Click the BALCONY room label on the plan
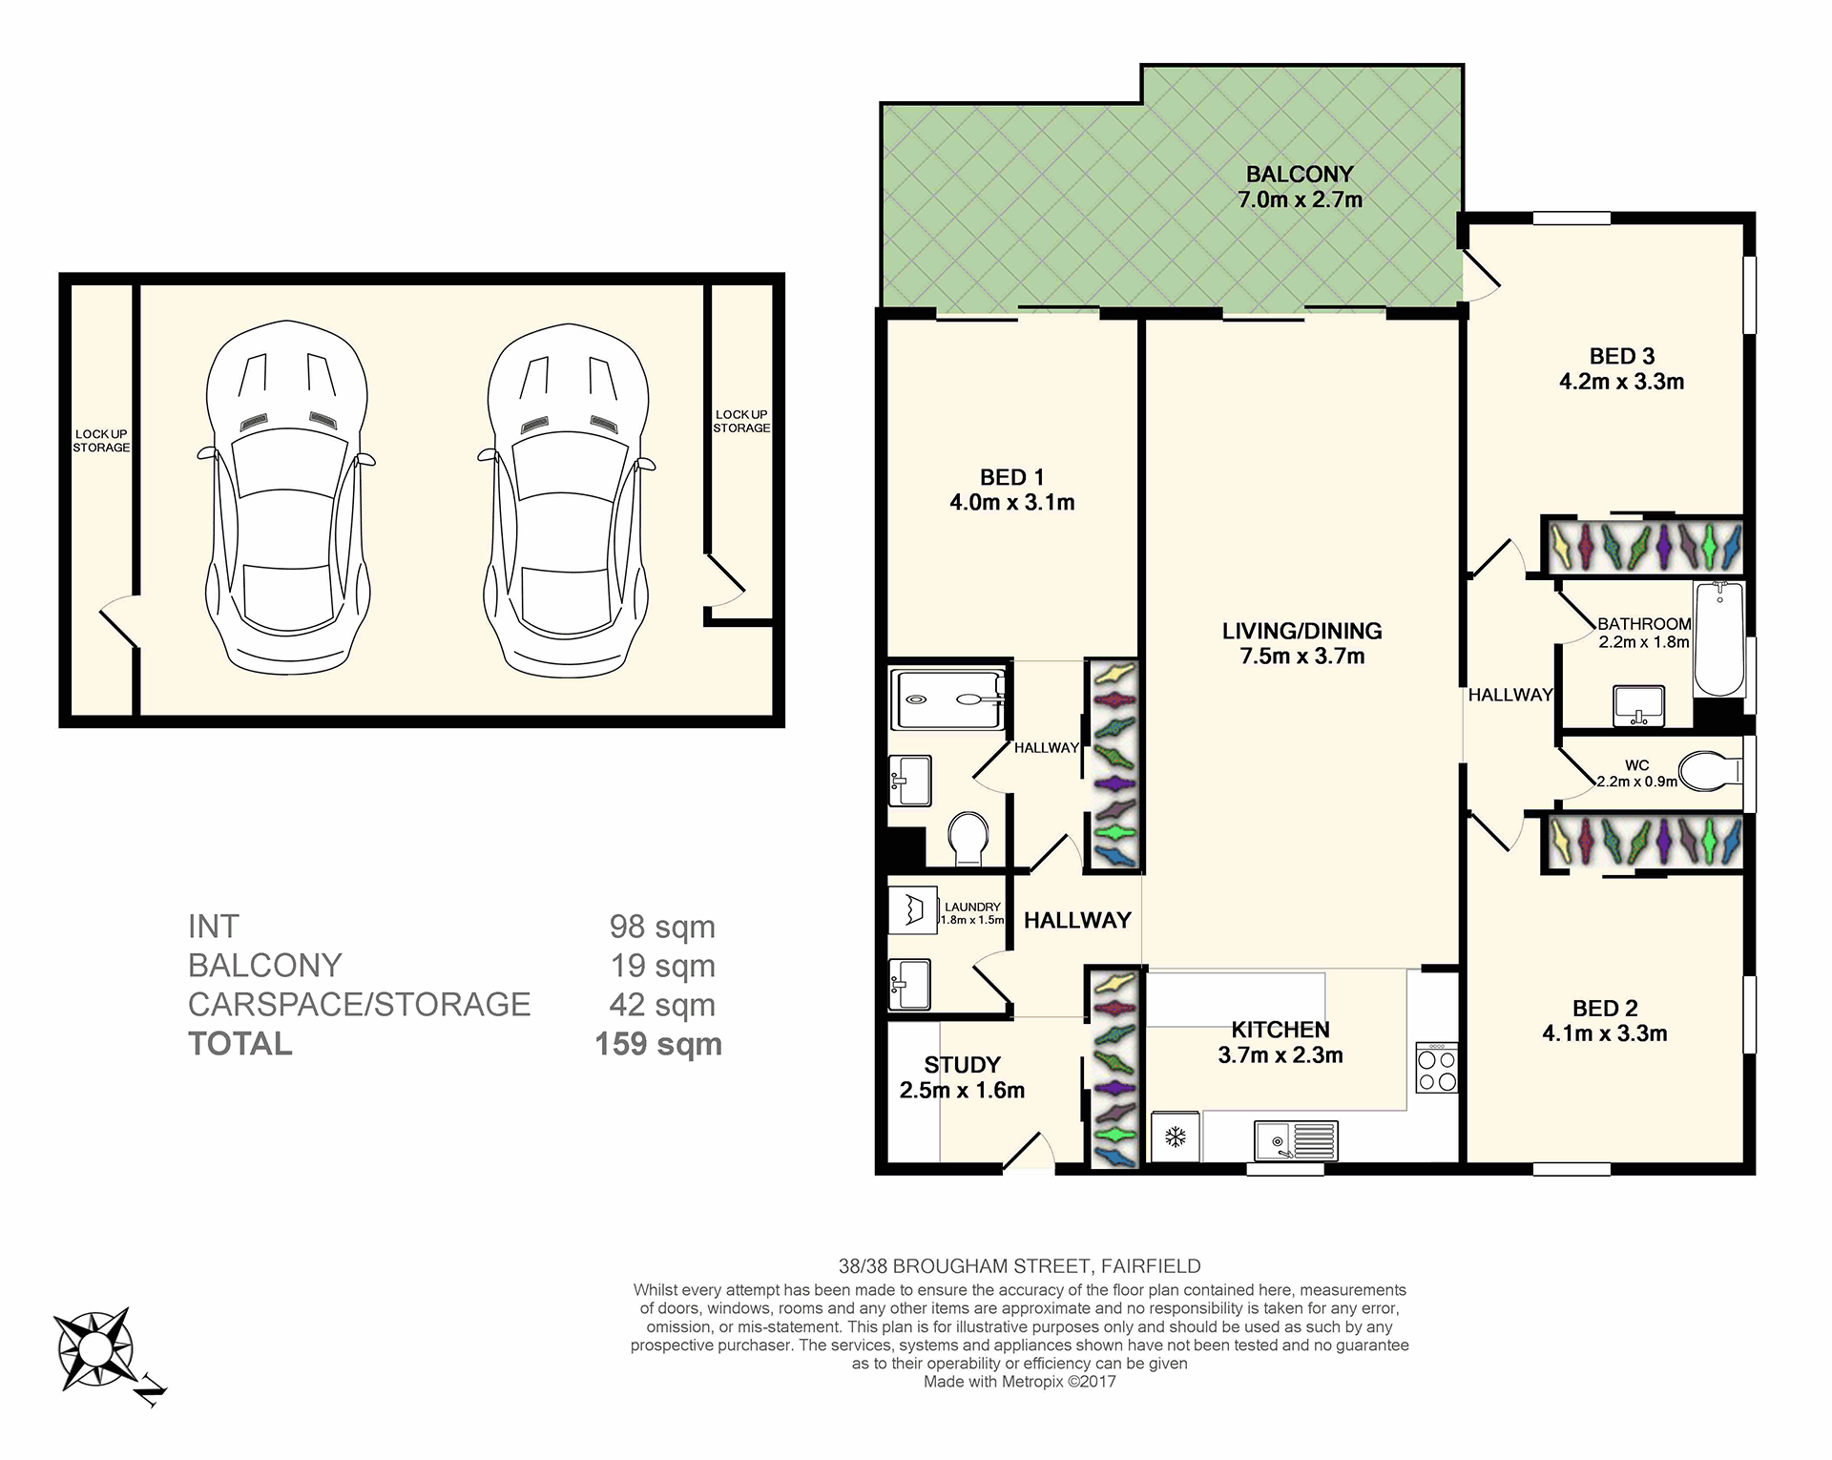(x=1300, y=175)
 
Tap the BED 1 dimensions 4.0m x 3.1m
(x=1012, y=503)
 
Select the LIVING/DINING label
(x=1302, y=631)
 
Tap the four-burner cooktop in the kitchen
(x=1437, y=1068)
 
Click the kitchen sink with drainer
(x=1296, y=1140)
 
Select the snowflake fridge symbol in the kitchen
(x=1176, y=1137)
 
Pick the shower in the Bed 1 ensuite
(x=947, y=699)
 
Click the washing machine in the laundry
(x=913, y=909)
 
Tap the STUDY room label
(x=962, y=1065)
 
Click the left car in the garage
(x=286, y=500)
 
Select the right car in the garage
(x=567, y=500)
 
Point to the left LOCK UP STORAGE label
(x=101, y=441)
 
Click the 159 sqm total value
(x=658, y=1044)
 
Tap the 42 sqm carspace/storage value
(x=662, y=1005)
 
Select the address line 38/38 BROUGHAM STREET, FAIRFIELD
(x=1019, y=1266)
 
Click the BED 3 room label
(x=1622, y=356)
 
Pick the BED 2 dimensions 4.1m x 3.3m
(x=1605, y=1033)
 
